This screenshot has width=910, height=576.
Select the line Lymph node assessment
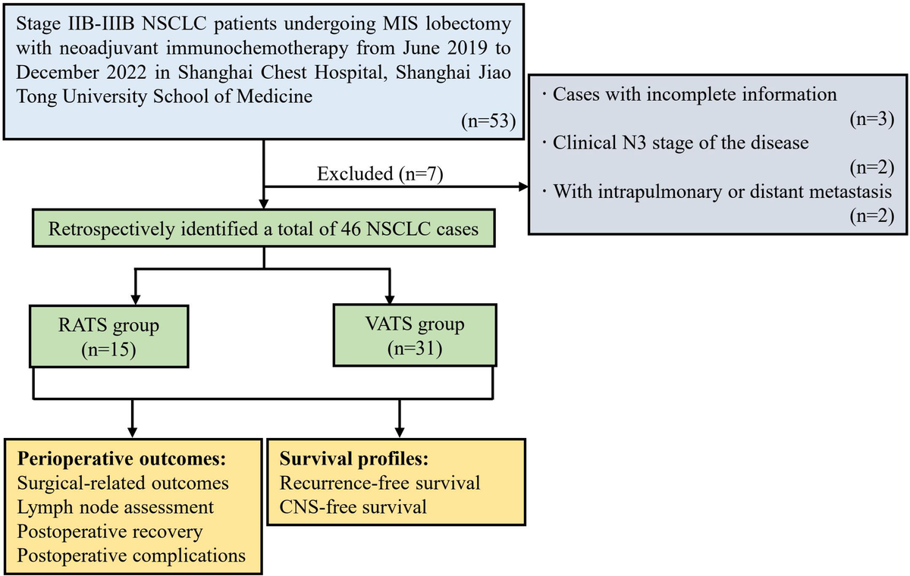coord(115,507)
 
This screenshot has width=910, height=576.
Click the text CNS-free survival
coord(353,507)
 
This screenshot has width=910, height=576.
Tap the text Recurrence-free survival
coord(380,484)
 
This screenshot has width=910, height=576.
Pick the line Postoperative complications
coord(131,554)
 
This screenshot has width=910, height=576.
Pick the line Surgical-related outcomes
coord(121,484)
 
